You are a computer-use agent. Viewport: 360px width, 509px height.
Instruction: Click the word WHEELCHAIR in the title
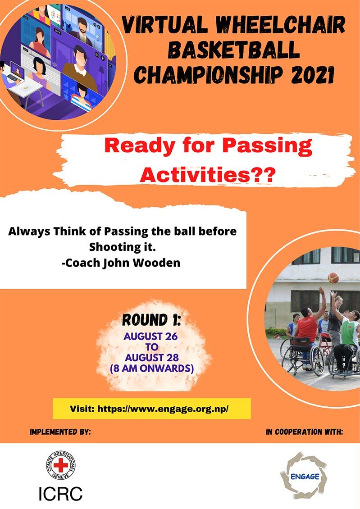tap(280, 25)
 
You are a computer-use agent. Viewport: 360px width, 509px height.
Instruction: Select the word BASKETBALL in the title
tap(233, 50)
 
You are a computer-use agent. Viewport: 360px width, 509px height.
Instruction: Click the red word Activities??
tap(207, 175)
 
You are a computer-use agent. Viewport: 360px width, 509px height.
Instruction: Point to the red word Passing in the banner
tap(267, 146)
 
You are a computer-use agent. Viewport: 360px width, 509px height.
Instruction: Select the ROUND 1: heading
tap(151, 320)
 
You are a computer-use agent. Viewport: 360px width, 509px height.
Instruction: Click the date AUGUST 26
tap(150, 336)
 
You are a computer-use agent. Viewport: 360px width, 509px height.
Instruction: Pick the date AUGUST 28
tap(152, 358)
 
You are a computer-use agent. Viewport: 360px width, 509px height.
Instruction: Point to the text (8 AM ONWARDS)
tap(151, 368)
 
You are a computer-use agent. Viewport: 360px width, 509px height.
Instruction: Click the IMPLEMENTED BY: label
tap(60, 432)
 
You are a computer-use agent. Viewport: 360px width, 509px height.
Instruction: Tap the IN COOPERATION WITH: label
tap(305, 432)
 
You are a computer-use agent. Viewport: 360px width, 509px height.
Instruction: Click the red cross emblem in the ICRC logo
tap(61, 465)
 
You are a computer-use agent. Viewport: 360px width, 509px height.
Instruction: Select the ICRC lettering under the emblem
tap(60, 493)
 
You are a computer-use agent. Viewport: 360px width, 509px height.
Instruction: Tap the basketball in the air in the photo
tap(333, 277)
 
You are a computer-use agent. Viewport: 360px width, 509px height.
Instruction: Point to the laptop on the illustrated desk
tap(14, 73)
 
